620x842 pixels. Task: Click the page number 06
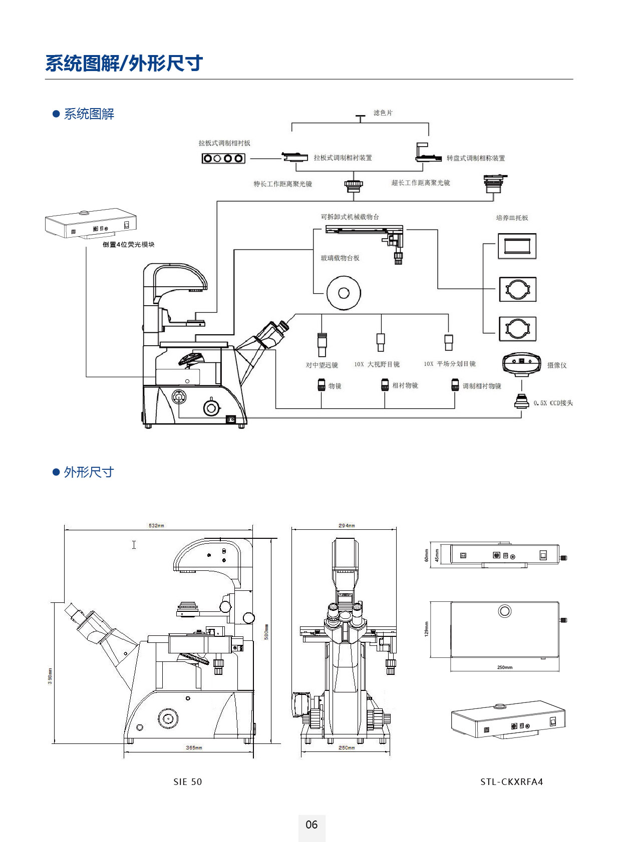tap(312, 824)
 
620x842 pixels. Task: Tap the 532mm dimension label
tap(156, 526)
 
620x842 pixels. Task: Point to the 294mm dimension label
tap(347, 526)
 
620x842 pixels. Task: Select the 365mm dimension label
tap(194, 748)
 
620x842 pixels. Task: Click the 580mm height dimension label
tap(266, 631)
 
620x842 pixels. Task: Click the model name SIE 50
tap(188, 782)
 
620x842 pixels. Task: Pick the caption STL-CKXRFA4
tap(511, 782)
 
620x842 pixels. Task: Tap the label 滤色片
tap(383, 113)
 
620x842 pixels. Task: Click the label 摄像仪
tap(557, 365)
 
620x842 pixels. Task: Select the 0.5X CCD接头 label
tap(553, 403)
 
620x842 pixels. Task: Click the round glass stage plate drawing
tap(344, 293)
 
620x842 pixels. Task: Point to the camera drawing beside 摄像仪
tap(522, 363)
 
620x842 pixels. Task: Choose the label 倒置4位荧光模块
tap(129, 245)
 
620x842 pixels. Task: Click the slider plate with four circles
tap(223, 159)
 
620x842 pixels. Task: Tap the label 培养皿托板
tap(512, 218)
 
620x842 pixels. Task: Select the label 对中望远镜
tap(322, 365)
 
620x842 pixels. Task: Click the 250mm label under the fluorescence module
tap(505, 667)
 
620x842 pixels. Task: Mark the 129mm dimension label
tap(427, 629)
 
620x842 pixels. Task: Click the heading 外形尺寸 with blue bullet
tap(89, 472)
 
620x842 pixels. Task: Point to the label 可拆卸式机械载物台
tap(350, 217)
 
